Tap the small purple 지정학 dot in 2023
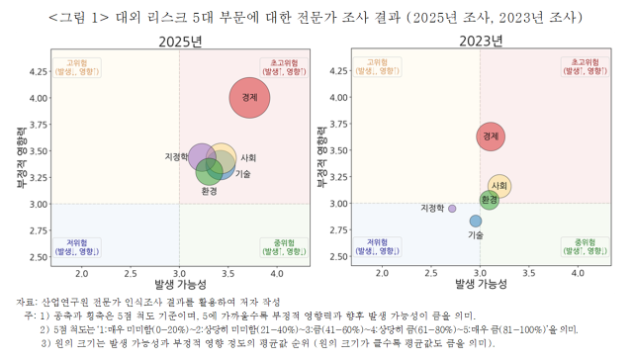click(x=452, y=209)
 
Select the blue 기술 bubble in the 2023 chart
click(x=476, y=222)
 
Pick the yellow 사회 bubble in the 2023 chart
click(x=499, y=186)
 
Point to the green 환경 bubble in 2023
click(x=489, y=200)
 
